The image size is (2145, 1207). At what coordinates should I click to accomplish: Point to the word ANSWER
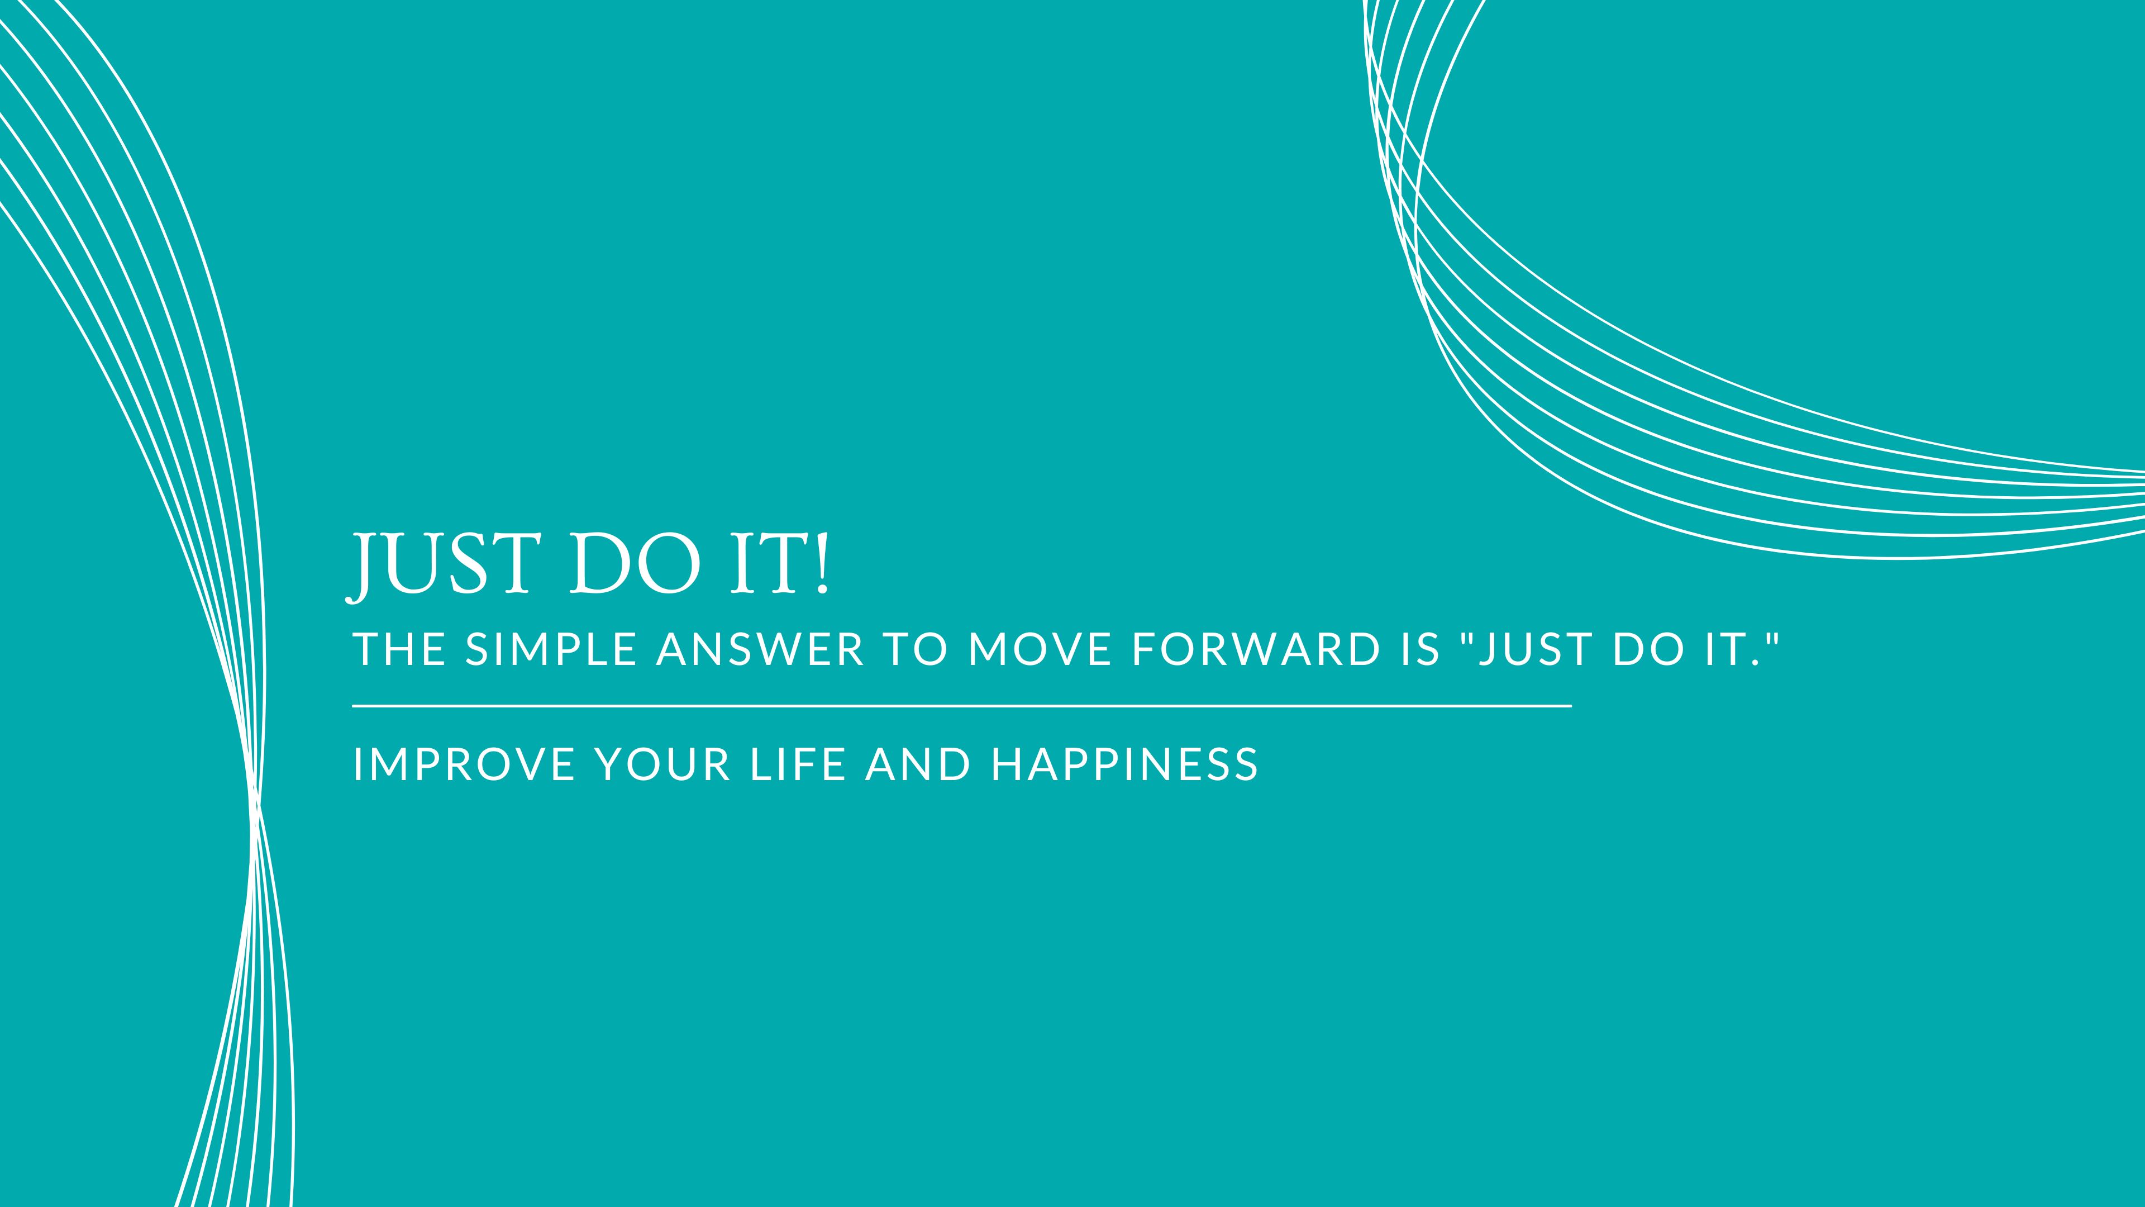click(x=760, y=650)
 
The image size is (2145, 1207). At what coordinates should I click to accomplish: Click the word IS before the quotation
click(x=1421, y=650)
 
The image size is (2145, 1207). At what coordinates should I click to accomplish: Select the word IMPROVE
click(x=464, y=764)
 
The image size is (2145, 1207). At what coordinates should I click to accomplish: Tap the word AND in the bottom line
click(x=918, y=764)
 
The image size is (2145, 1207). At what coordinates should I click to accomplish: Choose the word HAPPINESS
click(x=1125, y=764)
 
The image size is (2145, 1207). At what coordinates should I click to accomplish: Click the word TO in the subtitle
click(x=915, y=650)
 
